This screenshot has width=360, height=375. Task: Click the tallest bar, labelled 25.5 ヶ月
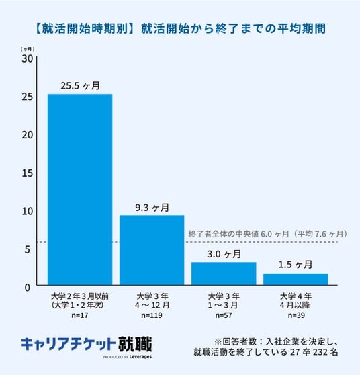(80, 190)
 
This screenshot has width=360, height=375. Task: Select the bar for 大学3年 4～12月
(152, 250)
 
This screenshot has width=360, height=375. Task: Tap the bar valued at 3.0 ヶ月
(224, 274)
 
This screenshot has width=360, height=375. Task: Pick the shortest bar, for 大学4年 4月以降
(296, 279)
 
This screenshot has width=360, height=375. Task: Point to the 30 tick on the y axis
(28, 58)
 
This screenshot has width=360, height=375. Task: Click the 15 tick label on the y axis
(28, 173)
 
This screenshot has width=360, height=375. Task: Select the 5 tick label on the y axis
(28, 249)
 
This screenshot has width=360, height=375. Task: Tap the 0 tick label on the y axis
(28, 288)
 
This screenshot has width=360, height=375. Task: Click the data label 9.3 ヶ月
(152, 208)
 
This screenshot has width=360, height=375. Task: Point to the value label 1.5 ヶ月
(296, 265)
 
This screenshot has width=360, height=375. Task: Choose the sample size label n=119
(152, 315)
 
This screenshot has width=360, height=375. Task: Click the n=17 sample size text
(80, 315)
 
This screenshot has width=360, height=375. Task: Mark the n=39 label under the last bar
(296, 315)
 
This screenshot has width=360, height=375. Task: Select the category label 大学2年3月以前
(80, 296)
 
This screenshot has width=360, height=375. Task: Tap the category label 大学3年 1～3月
(224, 301)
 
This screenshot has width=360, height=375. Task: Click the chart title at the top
(181, 28)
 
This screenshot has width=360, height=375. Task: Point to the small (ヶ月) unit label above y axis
(28, 49)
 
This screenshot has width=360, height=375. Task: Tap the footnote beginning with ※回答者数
(266, 347)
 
